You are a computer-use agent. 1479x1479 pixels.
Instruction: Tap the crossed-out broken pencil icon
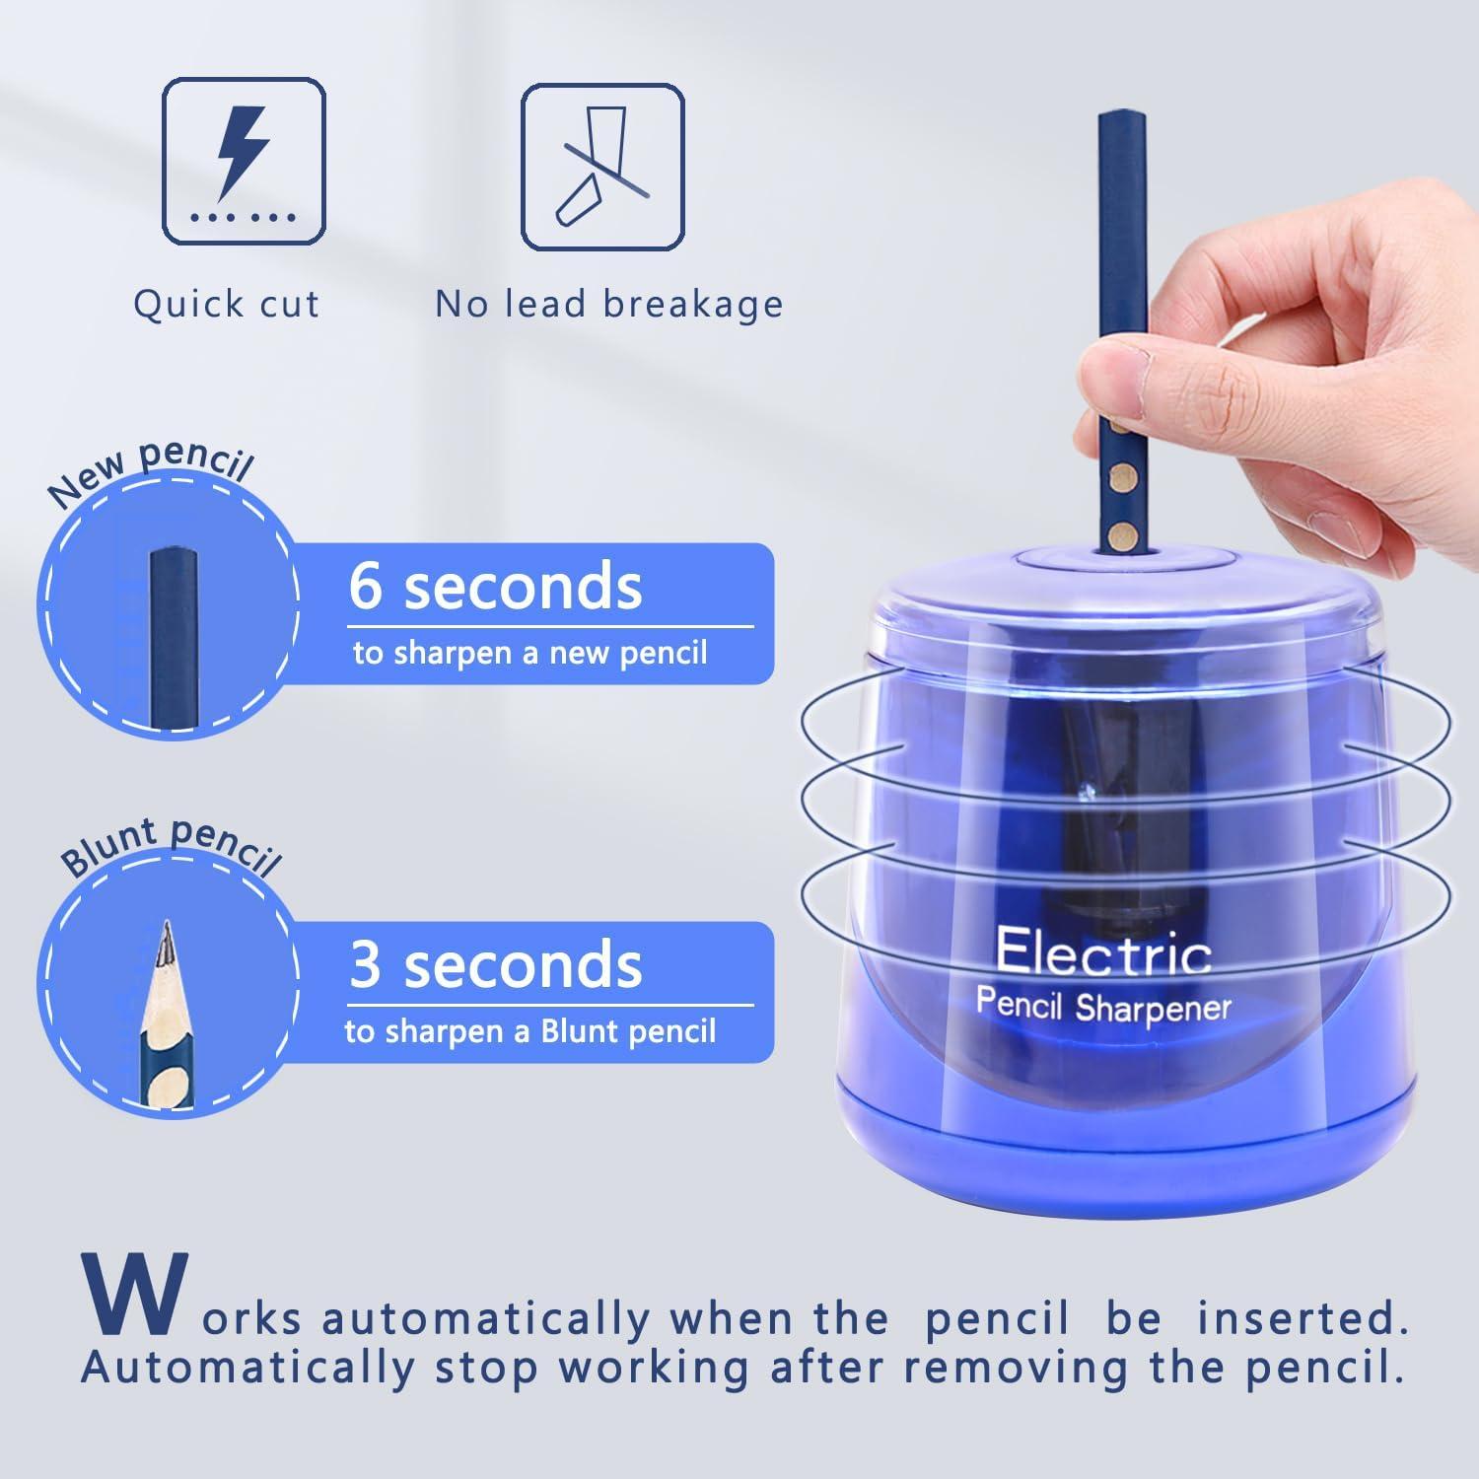click(x=602, y=167)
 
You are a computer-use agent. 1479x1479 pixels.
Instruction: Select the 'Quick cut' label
click(x=227, y=304)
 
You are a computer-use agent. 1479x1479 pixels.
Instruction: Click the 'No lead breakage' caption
click(x=609, y=304)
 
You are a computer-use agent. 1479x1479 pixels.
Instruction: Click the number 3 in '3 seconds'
click(x=366, y=964)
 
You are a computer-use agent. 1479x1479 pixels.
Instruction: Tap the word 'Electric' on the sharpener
click(x=1103, y=951)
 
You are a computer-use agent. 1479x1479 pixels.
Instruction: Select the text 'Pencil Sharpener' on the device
click(x=1103, y=1006)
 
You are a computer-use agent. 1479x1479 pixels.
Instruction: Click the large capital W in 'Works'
click(x=136, y=1295)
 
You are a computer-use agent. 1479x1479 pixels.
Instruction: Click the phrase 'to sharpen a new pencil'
click(x=530, y=653)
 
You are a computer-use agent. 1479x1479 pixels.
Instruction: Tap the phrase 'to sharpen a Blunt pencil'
click(x=530, y=1031)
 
